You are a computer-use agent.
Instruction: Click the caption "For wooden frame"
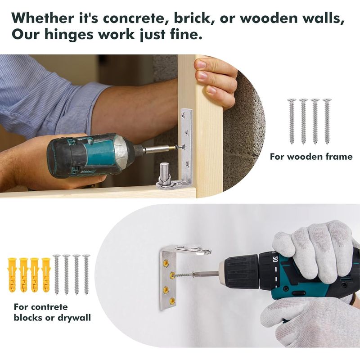(311, 157)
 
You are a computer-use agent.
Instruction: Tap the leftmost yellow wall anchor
(12, 275)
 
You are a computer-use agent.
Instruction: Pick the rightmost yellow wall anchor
(46, 275)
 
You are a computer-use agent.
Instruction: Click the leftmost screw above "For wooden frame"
(292, 121)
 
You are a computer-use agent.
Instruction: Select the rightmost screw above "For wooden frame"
(327, 121)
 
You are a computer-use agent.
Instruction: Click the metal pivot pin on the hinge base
(165, 171)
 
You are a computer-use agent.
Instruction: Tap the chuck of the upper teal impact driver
(138, 150)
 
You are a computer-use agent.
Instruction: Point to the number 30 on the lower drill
(275, 259)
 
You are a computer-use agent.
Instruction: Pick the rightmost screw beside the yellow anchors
(86, 274)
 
